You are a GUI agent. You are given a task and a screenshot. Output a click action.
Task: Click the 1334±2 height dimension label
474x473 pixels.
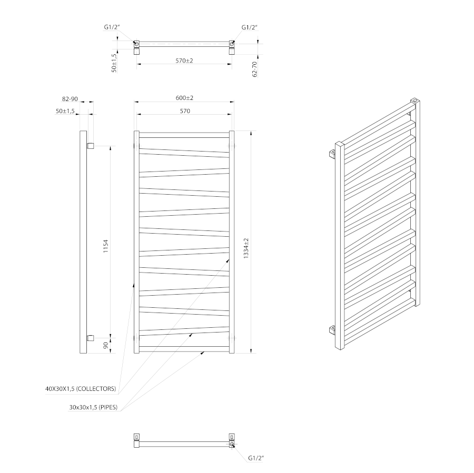(246, 248)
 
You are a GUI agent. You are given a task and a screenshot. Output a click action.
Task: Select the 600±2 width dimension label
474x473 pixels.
(184, 98)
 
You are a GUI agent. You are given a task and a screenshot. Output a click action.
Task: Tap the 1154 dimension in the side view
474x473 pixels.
(105, 246)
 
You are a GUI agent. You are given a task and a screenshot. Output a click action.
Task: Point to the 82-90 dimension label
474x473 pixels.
(70, 99)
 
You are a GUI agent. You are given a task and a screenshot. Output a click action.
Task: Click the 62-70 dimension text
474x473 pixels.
(254, 69)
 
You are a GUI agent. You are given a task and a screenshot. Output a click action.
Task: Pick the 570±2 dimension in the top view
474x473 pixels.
(184, 61)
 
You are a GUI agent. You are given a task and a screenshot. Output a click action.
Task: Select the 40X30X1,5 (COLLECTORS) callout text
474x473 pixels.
(81, 389)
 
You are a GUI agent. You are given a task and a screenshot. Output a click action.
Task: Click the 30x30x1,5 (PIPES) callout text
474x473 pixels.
(93, 407)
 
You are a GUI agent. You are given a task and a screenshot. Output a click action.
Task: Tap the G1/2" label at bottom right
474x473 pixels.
(256, 458)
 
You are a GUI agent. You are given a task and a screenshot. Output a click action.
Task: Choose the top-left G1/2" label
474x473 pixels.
(112, 27)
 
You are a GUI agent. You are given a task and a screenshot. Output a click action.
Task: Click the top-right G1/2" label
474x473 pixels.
(250, 27)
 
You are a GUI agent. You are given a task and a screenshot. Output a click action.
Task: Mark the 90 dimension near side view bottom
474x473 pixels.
(106, 346)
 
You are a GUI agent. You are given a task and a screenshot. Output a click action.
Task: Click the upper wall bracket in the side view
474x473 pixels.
(91, 146)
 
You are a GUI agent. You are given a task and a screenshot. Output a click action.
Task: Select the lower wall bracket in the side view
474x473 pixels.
(91, 338)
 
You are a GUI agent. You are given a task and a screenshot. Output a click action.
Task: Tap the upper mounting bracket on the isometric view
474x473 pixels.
(332, 154)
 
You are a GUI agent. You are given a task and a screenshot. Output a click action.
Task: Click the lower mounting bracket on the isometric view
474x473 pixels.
(332, 330)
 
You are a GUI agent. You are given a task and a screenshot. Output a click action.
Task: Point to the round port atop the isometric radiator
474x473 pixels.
(415, 100)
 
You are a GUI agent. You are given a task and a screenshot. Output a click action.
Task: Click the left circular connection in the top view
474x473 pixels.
(136, 44)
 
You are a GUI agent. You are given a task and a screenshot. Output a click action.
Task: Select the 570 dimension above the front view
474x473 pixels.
(185, 111)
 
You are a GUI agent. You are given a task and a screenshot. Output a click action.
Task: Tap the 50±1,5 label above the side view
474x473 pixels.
(65, 111)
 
